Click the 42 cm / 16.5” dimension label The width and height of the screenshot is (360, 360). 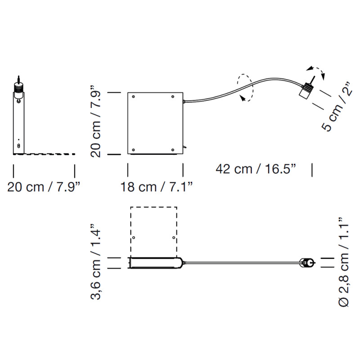click(x=256, y=169)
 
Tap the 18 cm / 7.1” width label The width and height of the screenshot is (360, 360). click(x=156, y=187)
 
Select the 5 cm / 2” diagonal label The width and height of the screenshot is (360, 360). click(x=337, y=107)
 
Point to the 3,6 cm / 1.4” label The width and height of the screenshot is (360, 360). click(x=95, y=262)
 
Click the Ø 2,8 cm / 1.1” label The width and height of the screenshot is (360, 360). click(x=344, y=262)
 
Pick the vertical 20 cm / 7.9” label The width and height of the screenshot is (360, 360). click(x=95, y=121)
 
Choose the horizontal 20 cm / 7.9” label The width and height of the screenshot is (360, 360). click(x=44, y=187)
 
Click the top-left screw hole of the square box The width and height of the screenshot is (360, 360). click(x=133, y=97)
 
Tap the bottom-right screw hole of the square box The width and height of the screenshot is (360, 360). click(x=173, y=150)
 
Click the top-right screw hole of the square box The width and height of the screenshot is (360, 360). click(x=173, y=97)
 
